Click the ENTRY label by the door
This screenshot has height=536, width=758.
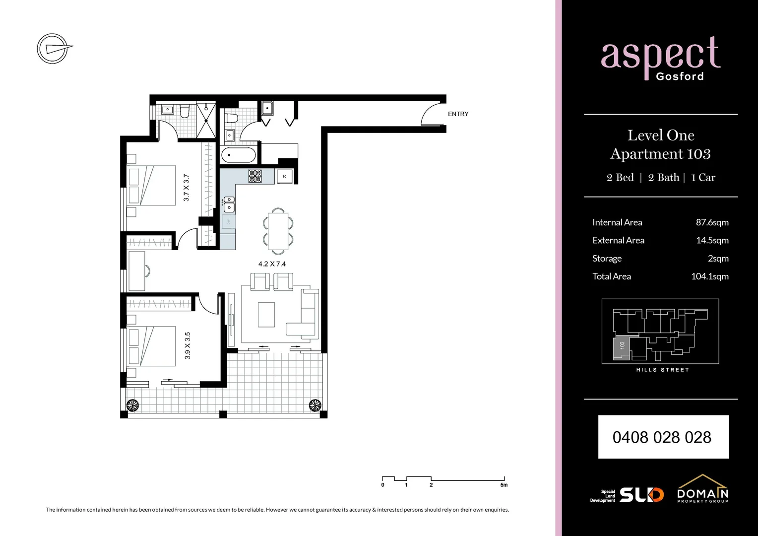[x=458, y=114]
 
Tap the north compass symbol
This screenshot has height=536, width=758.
[x=53, y=49]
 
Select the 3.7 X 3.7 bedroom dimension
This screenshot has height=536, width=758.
[x=186, y=188]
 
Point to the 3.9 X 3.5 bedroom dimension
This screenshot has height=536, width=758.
[x=188, y=345]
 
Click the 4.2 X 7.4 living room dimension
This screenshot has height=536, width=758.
[x=272, y=264]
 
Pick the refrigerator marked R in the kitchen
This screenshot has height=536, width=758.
[x=284, y=176]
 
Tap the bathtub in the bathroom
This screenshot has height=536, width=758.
[x=238, y=155]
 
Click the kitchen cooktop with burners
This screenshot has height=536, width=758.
[x=255, y=176]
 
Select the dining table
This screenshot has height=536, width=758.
[x=278, y=230]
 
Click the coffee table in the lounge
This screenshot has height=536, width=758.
[x=266, y=315]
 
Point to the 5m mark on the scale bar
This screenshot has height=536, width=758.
[x=504, y=485]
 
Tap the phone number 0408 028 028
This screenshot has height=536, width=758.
[x=663, y=437]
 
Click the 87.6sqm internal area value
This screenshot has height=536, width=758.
[x=712, y=222]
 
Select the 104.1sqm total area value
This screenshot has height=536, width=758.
[x=710, y=276]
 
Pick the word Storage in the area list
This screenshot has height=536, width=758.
[x=607, y=259]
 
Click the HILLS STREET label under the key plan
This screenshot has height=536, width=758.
[x=662, y=370]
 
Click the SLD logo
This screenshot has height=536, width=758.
[x=641, y=494]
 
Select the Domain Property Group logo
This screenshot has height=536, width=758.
[x=702, y=489]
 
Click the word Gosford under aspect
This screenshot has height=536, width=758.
[x=680, y=76]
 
